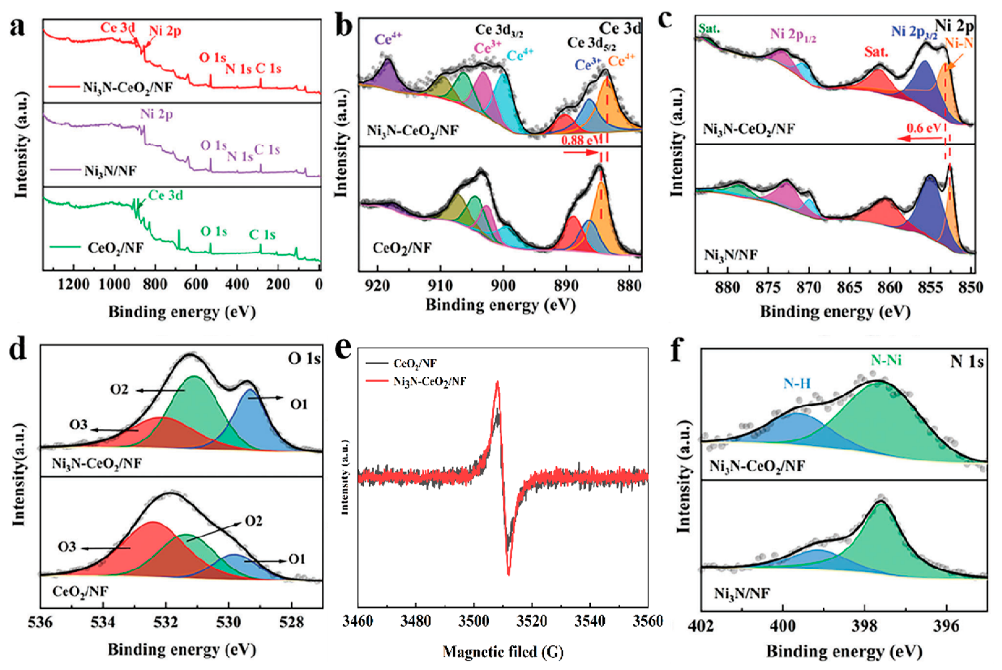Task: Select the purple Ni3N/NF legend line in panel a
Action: [x=64, y=170]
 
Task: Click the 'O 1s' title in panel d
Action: [x=304, y=358]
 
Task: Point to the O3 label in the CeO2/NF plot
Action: [x=67, y=547]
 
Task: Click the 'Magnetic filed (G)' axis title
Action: [x=503, y=652]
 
